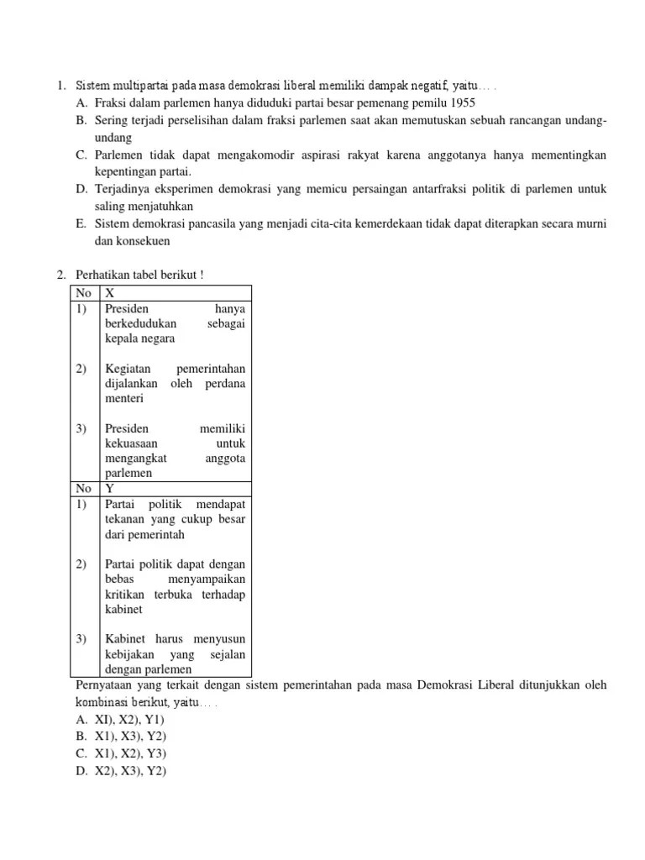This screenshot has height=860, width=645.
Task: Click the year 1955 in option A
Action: (x=462, y=103)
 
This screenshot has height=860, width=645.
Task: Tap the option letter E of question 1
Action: (x=81, y=224)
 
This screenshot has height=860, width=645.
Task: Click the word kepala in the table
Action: (x=123, y=338)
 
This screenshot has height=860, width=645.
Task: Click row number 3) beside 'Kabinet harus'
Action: (x=81, y=639)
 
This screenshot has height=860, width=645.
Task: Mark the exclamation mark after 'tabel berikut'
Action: (x=202, y=275)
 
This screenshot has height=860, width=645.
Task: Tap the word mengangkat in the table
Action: (x=136, y=459)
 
